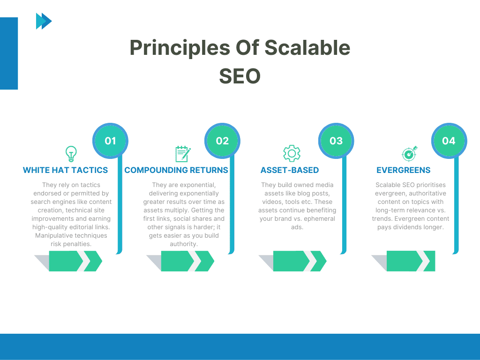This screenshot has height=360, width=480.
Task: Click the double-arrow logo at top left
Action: (44, 21)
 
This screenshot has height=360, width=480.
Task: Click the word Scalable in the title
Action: (307, 48)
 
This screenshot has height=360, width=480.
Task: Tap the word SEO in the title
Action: (240, 76)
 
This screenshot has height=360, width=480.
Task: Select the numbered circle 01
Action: (110, 141)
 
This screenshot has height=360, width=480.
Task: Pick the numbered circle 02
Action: (222, 141)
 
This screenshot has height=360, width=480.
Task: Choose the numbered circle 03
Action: (336, 141)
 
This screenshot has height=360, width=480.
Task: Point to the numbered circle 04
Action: (449, 141)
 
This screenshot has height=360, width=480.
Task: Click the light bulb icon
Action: (71, 154)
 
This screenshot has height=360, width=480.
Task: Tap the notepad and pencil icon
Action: (183, 154)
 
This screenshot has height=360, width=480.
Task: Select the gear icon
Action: (292, 154)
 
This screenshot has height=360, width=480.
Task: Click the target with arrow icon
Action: (409, 154)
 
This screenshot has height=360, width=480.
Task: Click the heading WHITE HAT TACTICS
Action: (65, 170)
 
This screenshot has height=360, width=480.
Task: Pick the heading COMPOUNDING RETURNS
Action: (176, 170)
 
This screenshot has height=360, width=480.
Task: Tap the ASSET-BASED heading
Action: (290, 170)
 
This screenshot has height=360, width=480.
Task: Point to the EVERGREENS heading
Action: (403, 170)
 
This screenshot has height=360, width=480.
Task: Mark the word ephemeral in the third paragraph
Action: (317, 218)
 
